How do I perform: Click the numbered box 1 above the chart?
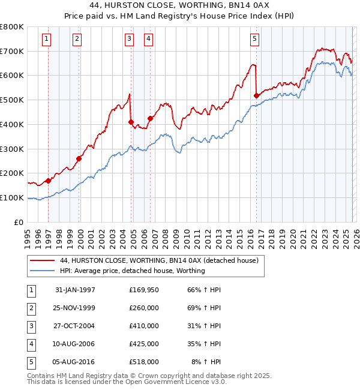[47, 40]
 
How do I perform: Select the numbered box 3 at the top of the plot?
[129, 40]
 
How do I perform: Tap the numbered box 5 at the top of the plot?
[255, 40]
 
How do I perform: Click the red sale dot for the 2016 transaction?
[256, 95]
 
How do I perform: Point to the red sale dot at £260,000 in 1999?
[79, 158]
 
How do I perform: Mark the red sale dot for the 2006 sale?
[150, 118]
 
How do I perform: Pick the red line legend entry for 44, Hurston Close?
[159, 261]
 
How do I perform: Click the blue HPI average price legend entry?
[132, 271]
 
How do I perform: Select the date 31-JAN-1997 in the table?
[75, 290]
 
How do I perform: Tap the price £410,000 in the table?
[144, 326]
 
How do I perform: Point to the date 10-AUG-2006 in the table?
[75, 344]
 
